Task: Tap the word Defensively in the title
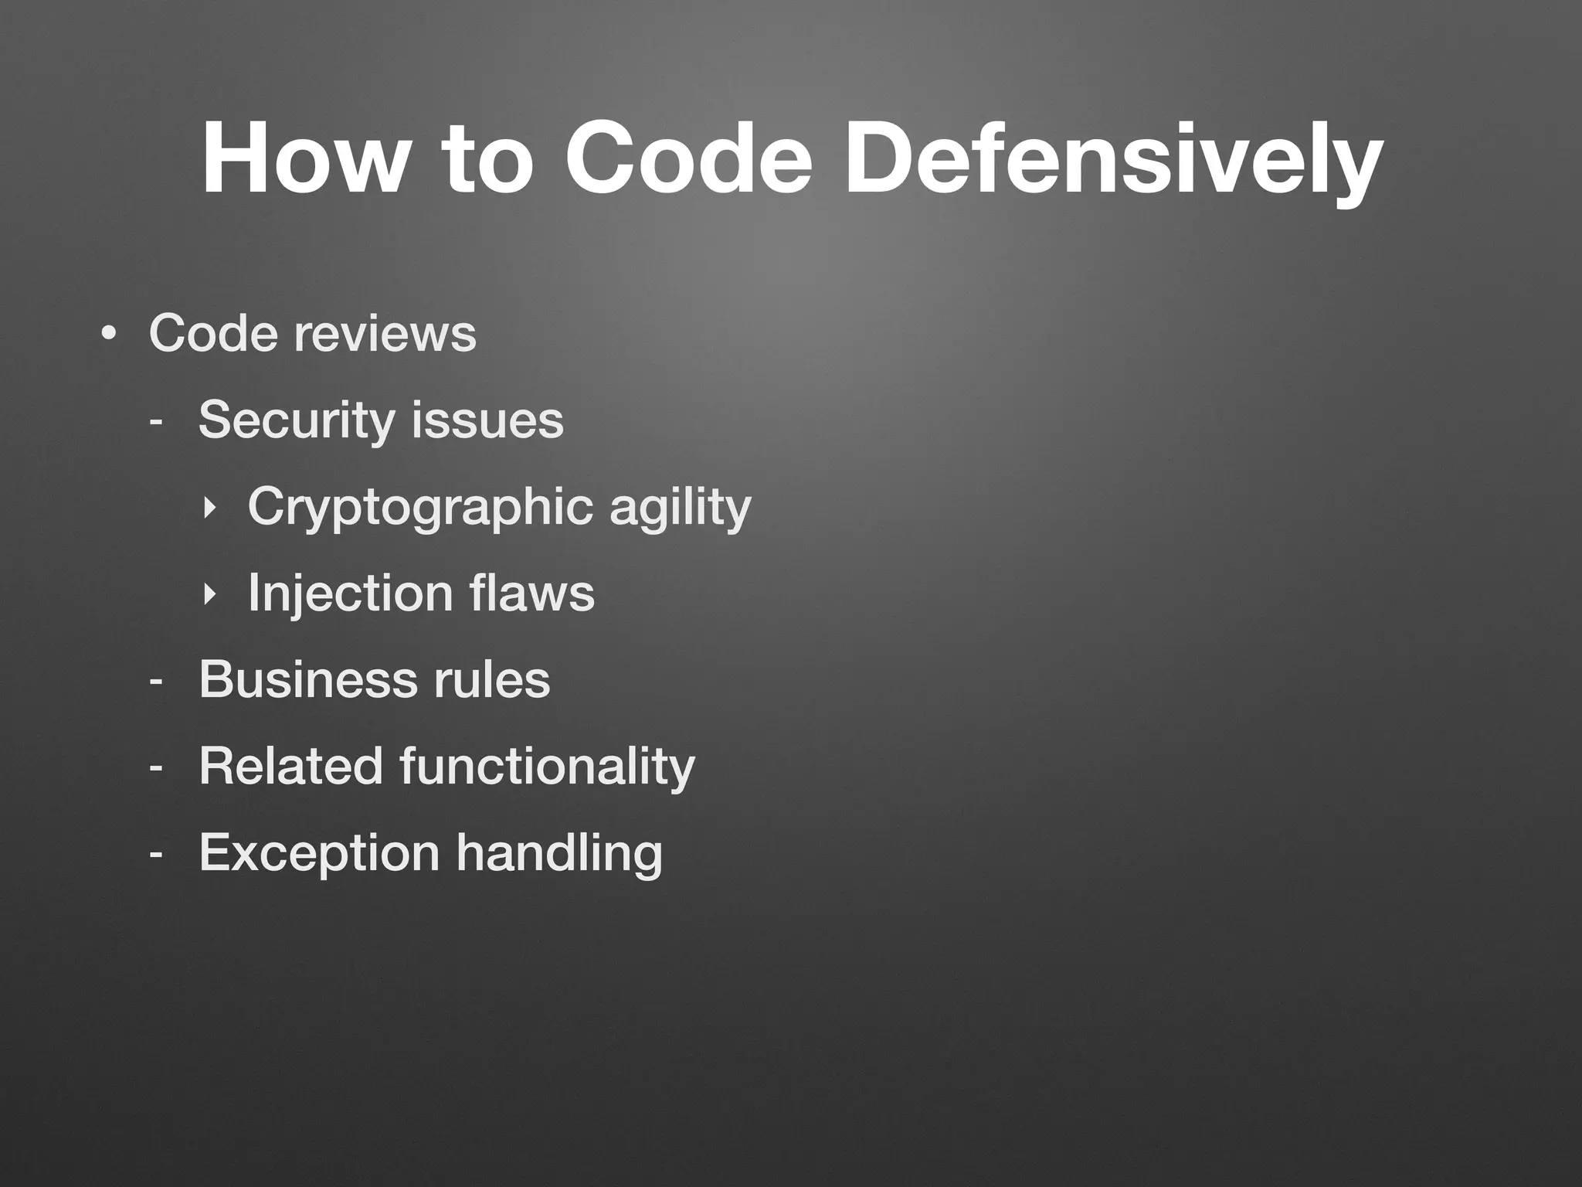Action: point(1112,162)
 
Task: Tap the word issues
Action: point(487,420)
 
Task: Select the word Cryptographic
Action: point(420,508)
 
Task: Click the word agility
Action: point(680,508)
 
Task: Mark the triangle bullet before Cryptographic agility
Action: point(208,508)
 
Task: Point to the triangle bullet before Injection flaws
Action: point(208,594)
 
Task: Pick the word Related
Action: point(290,767)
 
